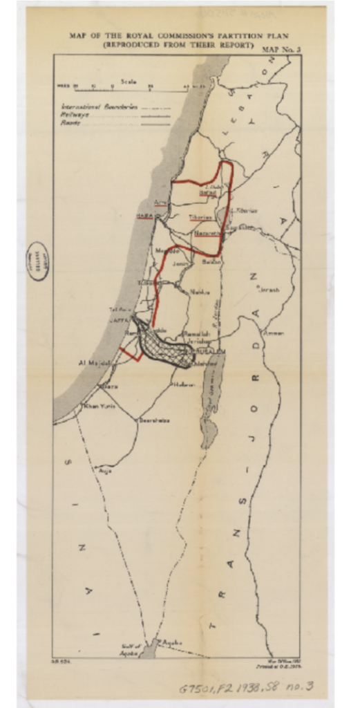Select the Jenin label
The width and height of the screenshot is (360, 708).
click(x=180, y=263)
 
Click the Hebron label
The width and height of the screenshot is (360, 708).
click(x=183, y=384)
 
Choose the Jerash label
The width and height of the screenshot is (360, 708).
click(x=268, y=290)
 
